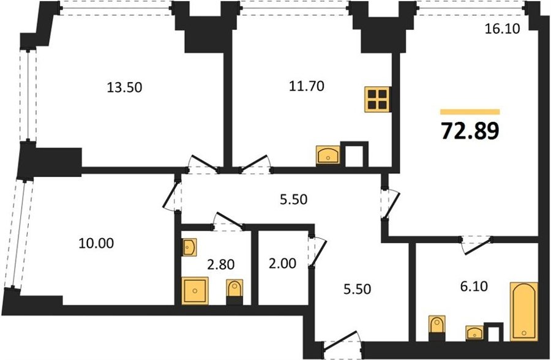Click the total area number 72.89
point(470,131)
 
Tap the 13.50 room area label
point(124,88)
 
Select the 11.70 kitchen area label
point(307,86)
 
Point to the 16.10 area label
point(502,29)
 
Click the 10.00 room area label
point(96,243)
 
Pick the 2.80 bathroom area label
point(220,264)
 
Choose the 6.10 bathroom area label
point(474,287)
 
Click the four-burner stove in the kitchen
point(378,100)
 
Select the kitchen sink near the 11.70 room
point(328,156)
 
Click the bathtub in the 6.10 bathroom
point(524,312)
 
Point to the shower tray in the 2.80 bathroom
point(195,290)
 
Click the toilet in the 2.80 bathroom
point(234,291)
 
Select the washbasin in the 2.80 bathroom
point(189,247)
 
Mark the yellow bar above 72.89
point(470,112)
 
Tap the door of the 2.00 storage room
point(318,252)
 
